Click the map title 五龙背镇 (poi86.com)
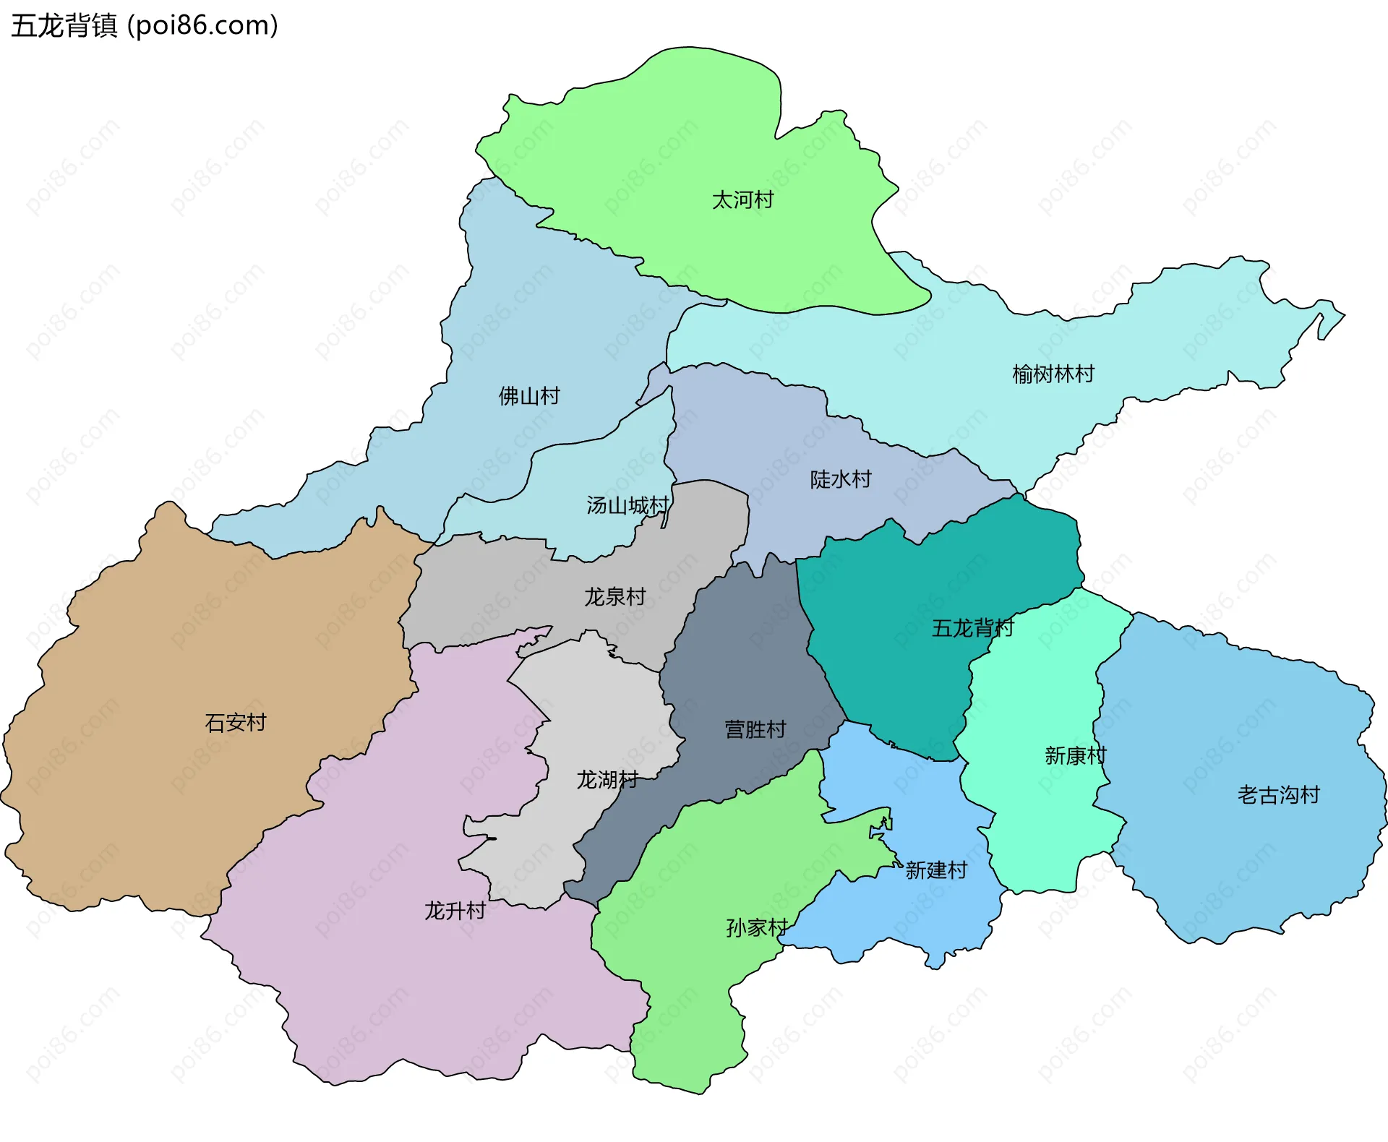coord(145,26)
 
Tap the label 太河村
coord(742,199)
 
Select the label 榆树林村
coord(1053,374)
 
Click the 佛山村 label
coord(529,395)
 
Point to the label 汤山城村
coord(627,505)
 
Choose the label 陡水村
coord(840,478)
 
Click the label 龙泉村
coord(614,596)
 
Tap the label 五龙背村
coord(972,627)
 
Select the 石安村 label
coord(236,722)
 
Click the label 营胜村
coord(755,729)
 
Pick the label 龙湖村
coord(607,779)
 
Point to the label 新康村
coord(1075,755)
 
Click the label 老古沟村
coord(1278,794)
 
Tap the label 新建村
coord(935,870)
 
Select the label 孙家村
coord(757,927)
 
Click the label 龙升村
coord(454,910)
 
